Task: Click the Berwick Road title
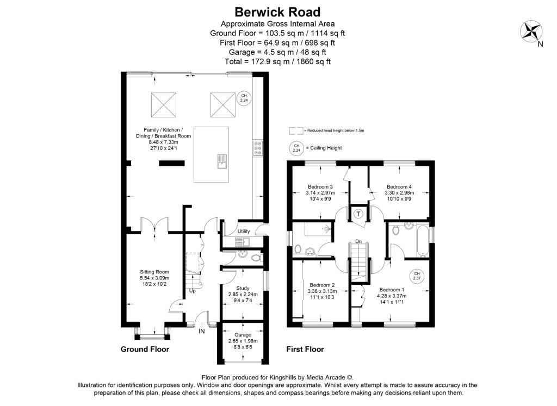point(277,11)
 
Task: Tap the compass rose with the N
point(531,32)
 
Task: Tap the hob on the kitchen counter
point(257,149)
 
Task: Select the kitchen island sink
point(222,161)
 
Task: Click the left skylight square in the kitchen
point(164,103)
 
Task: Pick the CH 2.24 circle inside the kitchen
point(244,98)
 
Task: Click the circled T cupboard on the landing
point(358,214)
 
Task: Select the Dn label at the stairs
point(358,241)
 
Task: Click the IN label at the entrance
point(202,331)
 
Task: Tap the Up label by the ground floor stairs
point(192,291)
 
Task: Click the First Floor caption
point(305,349)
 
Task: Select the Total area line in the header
point(277,62)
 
